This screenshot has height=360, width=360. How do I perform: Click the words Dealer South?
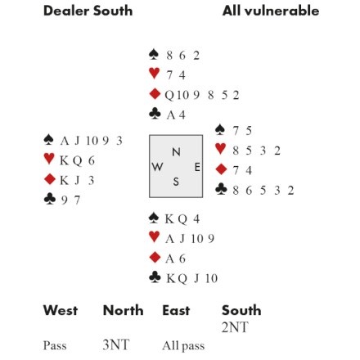pyautogui.click(x=88, y=11)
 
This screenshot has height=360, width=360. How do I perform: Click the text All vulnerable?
pyautogui.click(x=271, y=11)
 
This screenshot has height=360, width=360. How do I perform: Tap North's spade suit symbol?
pyautogui.click(x=154, y=55)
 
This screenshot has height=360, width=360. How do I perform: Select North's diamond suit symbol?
pyautogui.click(x=155, y=94)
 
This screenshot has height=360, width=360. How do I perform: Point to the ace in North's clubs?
pyautogui.click(x=171, y=115)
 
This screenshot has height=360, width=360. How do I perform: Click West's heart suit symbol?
pyautogui.click(x=49, y=159)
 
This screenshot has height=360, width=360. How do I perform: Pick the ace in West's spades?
pyautogui.click(x=65, y=141)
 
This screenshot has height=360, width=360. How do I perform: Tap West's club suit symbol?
pyautogui.click(x=50, y=199)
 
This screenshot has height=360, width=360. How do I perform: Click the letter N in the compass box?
pyautogui.click(x=176, y=152)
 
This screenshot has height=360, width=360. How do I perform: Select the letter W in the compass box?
pyautogui.click(x=157, y=167)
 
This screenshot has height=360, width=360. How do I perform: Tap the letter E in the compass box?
pyautogui.click(x=197, y=167)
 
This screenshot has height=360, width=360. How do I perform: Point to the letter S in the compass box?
pyautogui.click(x=176, y=182)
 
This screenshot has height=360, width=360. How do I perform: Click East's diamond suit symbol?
pyautogui.click(x=221, y=169)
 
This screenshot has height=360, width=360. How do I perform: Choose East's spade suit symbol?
pyautogui.click(x=220, y=129)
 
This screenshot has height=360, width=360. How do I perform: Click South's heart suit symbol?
pyautogui.click(x=155, y=236)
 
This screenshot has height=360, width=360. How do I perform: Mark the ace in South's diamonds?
pyautogui.click(x=169, y=259)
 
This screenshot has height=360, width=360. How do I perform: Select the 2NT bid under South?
pyautogui.click(x=235, y=327)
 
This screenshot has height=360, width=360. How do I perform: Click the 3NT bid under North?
pyautogui.click(x=115, y=345)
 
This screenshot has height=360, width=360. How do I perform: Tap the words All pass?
pyautogui.click(x=183, y=346)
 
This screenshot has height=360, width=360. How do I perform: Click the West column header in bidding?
pyautogui.click(x=61, y=310)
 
